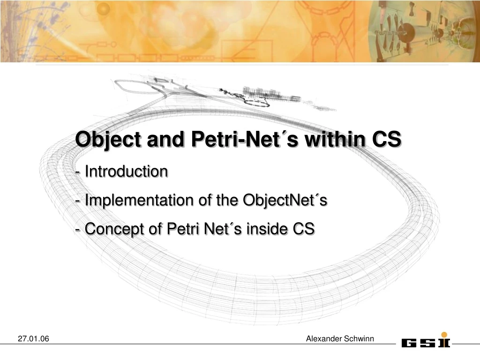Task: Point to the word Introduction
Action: point(126,172)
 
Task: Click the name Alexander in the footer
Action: point(324,338)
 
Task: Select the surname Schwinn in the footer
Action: point(359,338)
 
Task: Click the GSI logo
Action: point(425,342)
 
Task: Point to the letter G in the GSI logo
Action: point(409,343)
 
